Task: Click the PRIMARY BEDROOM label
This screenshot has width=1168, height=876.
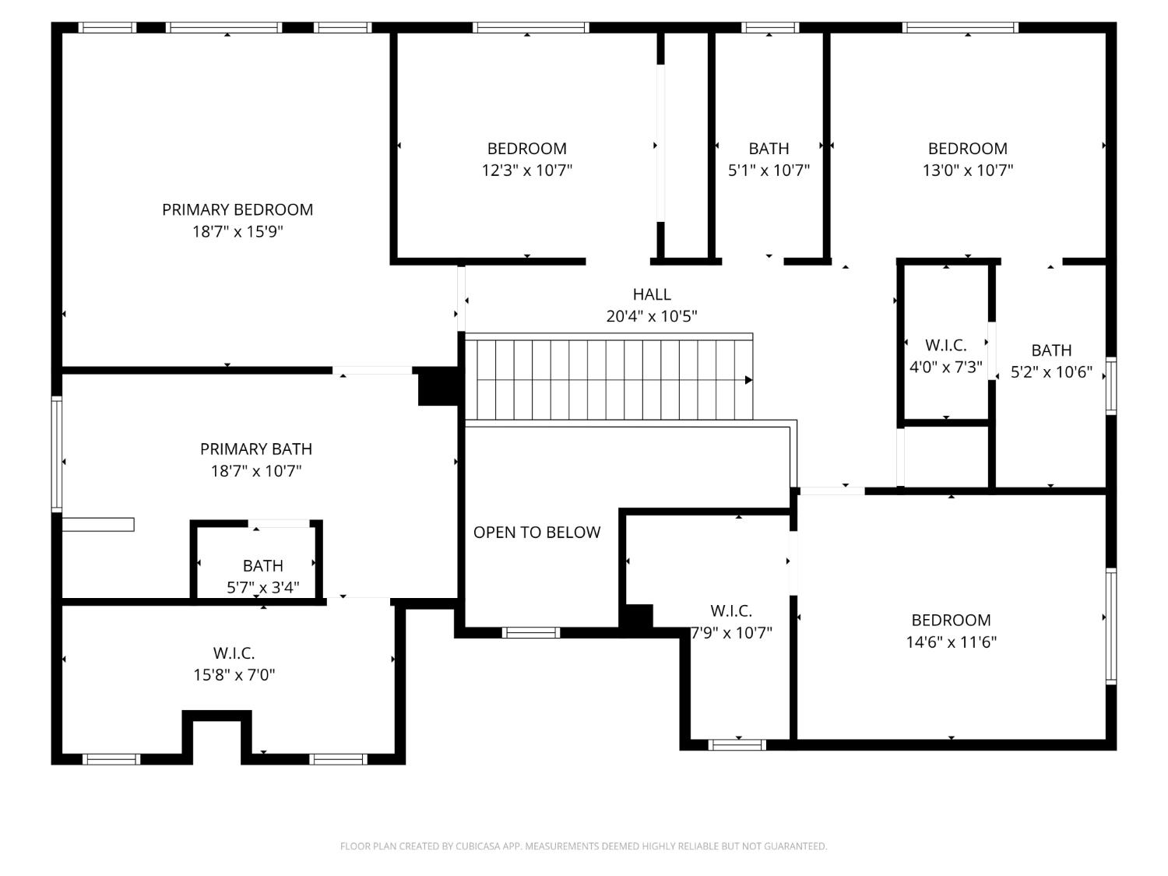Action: (x=237, y=209)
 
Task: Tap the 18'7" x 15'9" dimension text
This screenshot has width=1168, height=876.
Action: (x=237, y=232)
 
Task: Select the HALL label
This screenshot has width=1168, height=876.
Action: (x=651, y=294)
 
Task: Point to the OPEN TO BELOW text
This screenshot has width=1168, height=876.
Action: (x=537, y=533)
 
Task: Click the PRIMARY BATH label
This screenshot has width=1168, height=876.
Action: (x=256, y=449)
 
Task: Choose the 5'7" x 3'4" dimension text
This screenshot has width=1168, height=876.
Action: (x=263, y=587)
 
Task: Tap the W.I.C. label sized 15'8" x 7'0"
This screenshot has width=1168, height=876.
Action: (x=234, y=653)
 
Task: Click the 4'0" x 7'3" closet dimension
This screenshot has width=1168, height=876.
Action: (x=945, y=367)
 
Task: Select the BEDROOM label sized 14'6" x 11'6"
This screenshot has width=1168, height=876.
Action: (x=951, y=620)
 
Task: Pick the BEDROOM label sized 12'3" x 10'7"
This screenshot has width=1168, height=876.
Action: (x=527, y=149)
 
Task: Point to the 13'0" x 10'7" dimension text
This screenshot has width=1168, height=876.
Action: (x=967, y=171)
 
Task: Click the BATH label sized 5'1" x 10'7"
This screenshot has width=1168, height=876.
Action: (x=769, y=149)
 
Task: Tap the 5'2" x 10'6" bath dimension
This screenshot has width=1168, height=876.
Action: (x=1051, y=371)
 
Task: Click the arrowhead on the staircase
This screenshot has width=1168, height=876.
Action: (x=749, y=380)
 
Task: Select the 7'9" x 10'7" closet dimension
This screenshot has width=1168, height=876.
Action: (x=731, y=633)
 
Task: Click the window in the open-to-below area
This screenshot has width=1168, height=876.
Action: (x=530, y=632)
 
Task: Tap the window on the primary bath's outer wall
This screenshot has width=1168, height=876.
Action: (x=57, y=454)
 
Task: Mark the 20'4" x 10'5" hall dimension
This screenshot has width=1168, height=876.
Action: (x=651, y=316)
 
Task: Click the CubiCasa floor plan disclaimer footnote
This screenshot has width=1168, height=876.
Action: (x=584, y=846)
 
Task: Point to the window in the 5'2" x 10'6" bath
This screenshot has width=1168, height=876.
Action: (x=1111, y=385)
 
